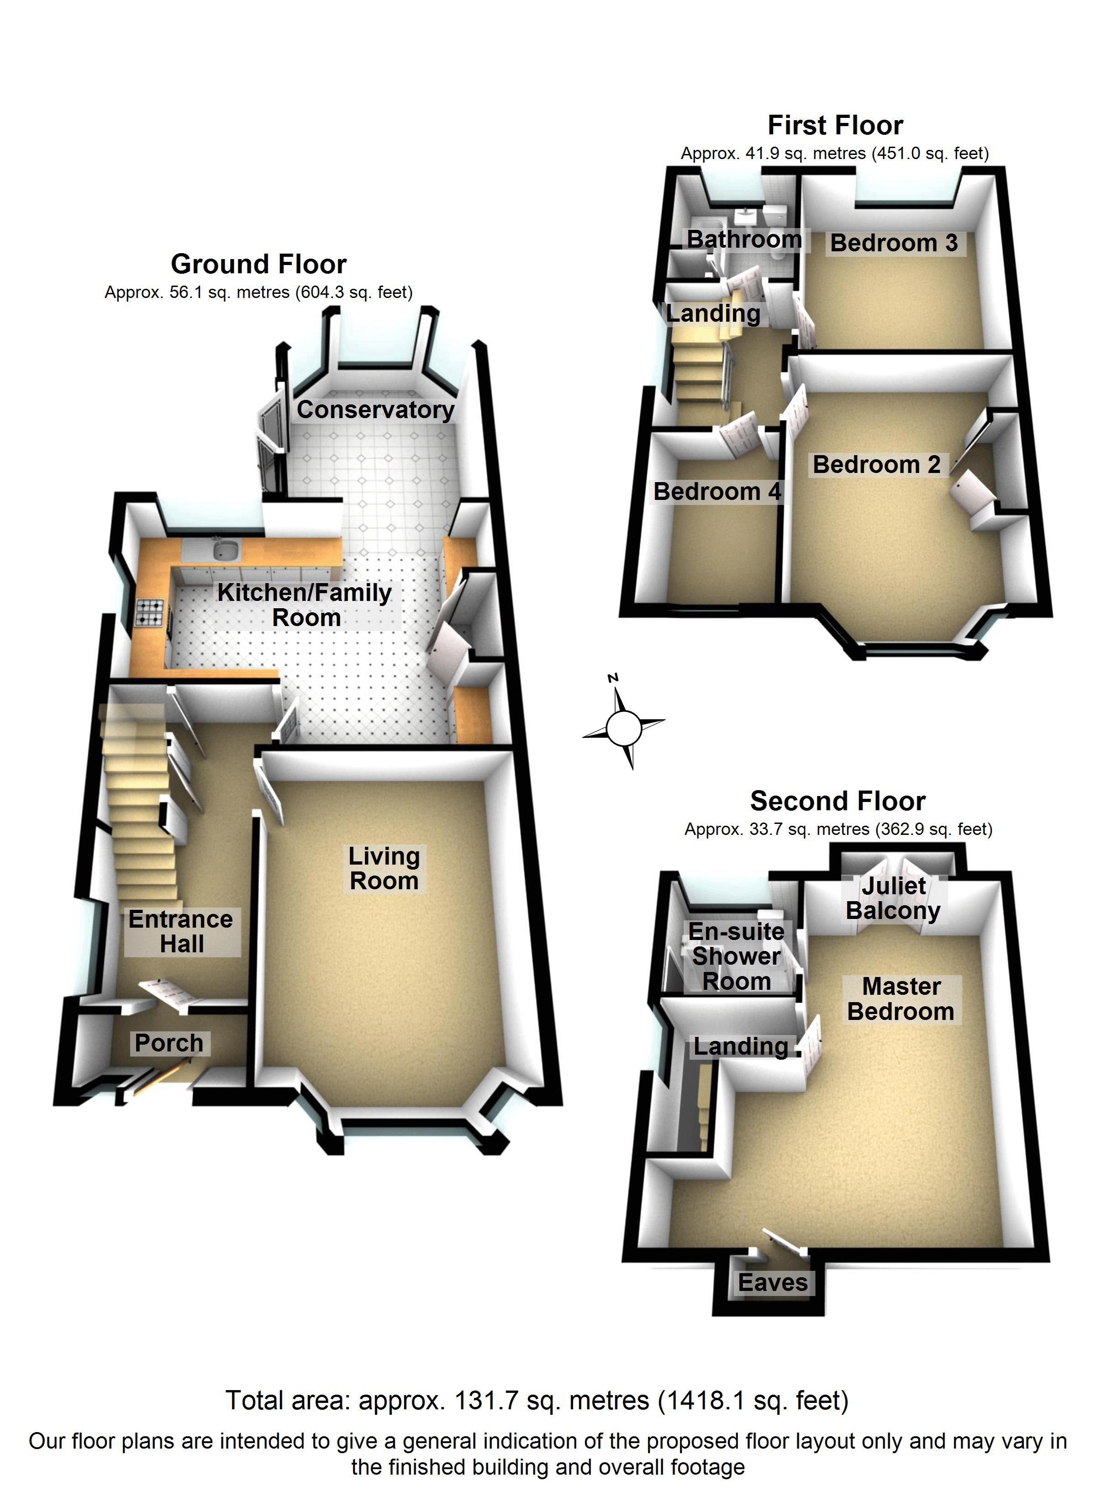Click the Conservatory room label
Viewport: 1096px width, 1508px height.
(375, 410)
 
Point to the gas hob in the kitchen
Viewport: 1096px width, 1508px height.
(149, 612)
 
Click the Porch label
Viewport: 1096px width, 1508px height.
(169, 1043)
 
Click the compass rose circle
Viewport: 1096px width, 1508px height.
(623, 728)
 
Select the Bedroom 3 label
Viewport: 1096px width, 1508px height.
(894, 244)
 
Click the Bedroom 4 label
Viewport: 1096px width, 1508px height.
(717, 492)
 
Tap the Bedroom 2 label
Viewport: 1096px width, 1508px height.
(877, 465)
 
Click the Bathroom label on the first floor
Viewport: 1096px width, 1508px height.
(744, 239)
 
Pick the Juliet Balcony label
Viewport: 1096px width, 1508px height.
(893, 898)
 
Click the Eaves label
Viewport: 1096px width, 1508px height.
(773, 1283)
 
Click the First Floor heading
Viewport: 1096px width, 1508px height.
(835, 126)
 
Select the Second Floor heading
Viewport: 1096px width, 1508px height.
(838, 801)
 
